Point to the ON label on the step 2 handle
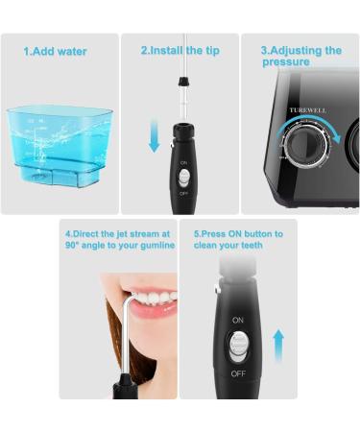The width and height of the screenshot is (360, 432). click(183, 162)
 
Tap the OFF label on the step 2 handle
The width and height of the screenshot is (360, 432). click(183, 192)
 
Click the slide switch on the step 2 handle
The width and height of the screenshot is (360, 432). click(183, 178)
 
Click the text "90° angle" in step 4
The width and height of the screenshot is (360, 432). click(86, 245)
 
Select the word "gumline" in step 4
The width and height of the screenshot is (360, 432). click(155, 245)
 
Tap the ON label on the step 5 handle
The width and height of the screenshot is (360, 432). click(237, 319)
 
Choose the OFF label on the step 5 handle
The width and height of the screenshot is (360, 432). click(237, 372)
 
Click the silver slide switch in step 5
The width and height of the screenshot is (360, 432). click(238, 345)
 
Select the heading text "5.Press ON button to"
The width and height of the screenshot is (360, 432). click(238, 233)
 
